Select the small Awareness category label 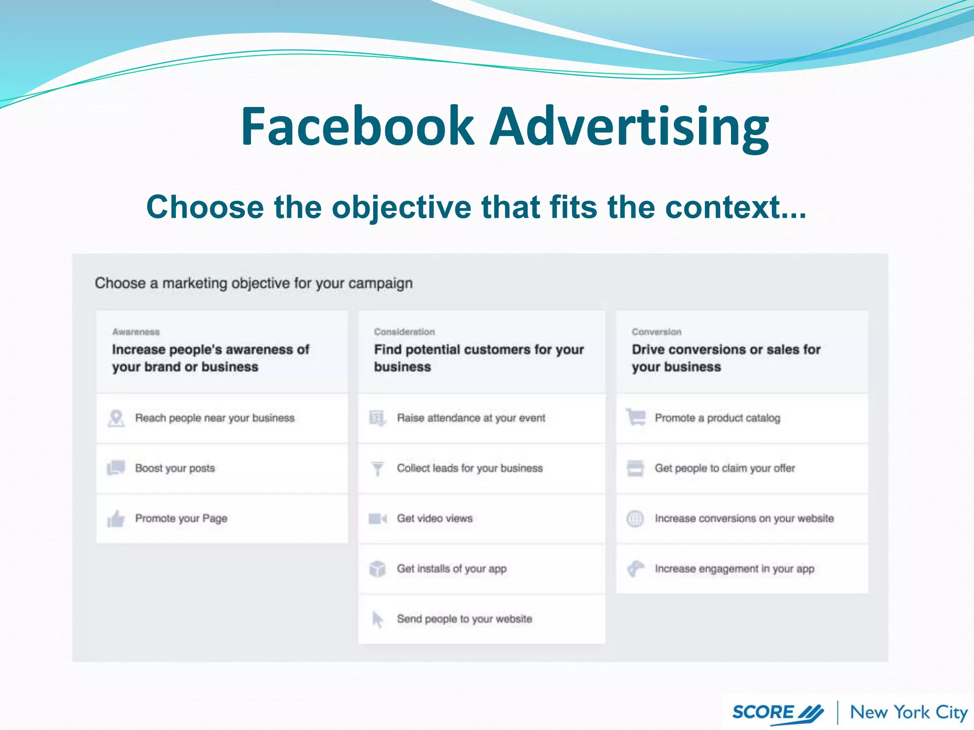coord(136,332)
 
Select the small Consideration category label coord(404,332)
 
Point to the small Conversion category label coord(656,332)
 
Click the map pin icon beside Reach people coord(116,418)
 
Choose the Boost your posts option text coord(175,468)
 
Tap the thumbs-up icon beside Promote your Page coord(116,519)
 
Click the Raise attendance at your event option coord(471,418)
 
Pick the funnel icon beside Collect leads coord(378,469)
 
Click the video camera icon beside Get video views coord(378,519)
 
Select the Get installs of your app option coord(451,569)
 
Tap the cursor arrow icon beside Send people coord(378,619)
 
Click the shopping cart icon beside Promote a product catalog coord(636,417)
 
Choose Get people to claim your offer coord(725,468)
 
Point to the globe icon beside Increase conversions coord(635,519)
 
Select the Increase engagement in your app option coord(734,569)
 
